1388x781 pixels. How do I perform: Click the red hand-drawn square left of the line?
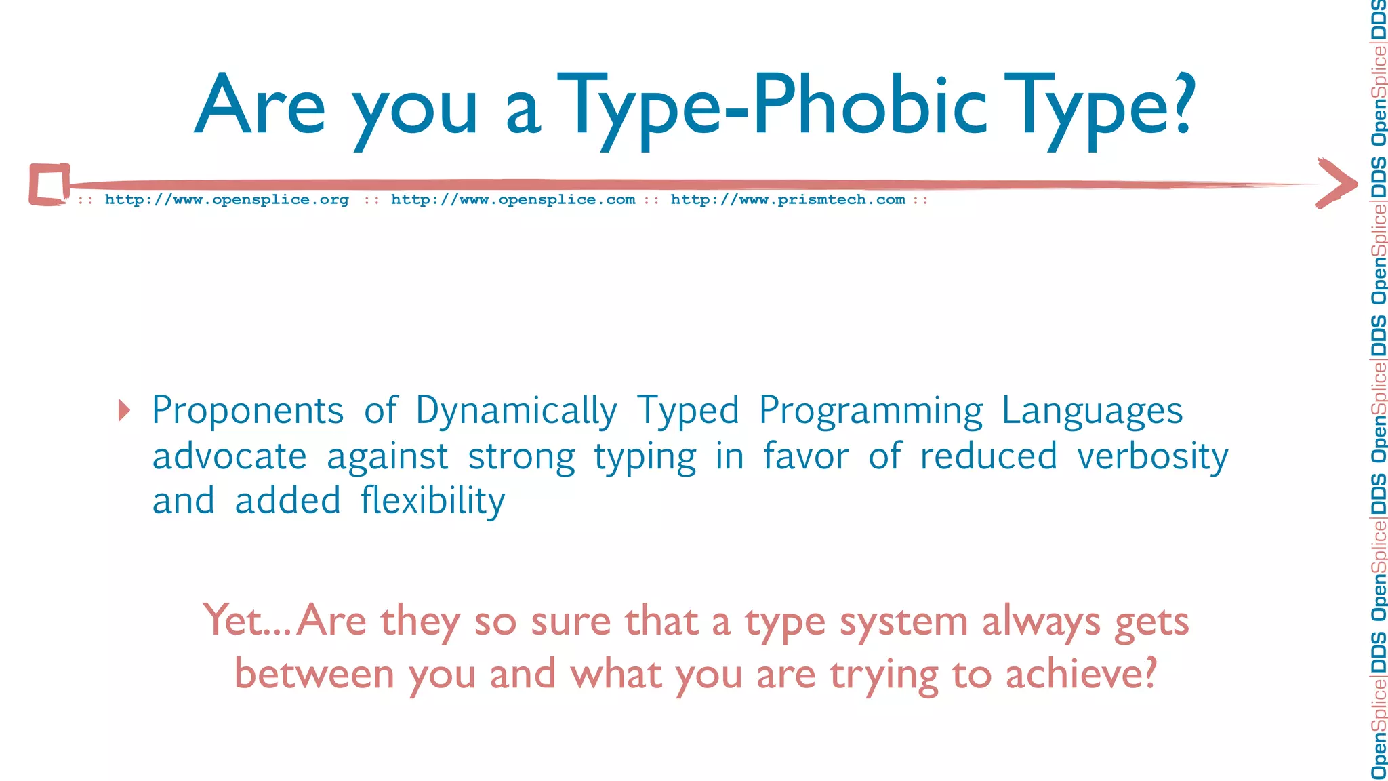(49, 184)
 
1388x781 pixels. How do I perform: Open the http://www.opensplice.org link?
(226, 200)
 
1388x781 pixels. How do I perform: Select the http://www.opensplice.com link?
(513, 200)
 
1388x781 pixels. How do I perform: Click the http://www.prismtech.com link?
(788, 200)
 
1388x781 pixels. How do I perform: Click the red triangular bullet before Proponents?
(123, 410)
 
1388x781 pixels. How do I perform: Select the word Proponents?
(247, 412)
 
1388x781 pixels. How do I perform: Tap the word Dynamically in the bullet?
(516, 412)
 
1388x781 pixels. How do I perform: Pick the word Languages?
(1092, 412)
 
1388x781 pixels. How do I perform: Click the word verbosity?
(1152, 456)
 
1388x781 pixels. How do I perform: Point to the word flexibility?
(432, 501)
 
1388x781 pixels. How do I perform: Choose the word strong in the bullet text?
(521, 456)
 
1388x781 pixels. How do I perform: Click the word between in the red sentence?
(314, 675)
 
